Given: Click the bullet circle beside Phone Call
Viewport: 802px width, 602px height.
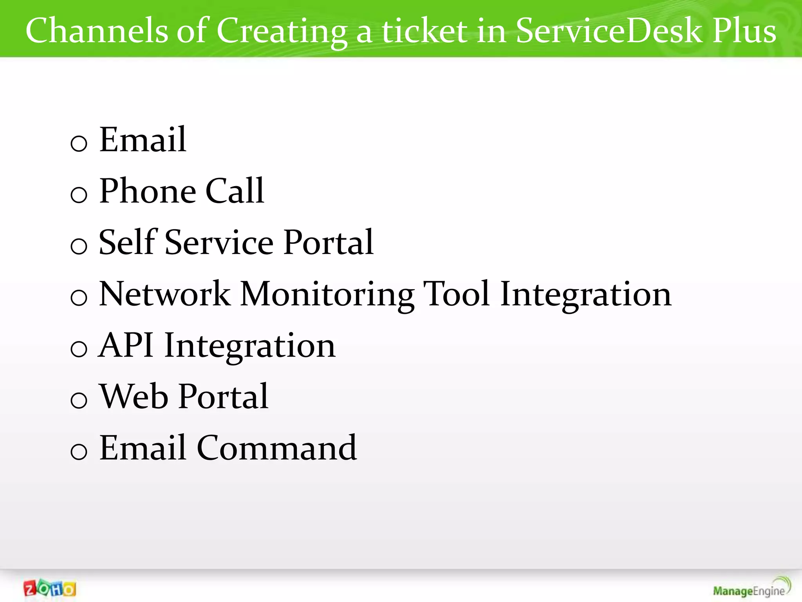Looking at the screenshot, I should coord(79,194).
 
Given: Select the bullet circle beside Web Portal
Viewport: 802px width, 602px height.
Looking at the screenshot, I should coord(79,400).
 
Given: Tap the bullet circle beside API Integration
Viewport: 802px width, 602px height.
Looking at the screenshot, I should coord(79,348).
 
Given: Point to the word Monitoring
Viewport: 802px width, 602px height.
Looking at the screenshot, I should coord(327,295).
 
